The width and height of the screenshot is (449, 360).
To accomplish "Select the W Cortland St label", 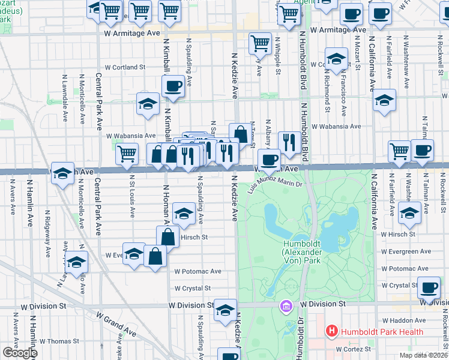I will coord(125,68).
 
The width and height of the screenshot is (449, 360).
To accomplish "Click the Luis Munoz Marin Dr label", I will coord(280,181).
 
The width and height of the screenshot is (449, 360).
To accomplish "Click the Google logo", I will coord(20,353).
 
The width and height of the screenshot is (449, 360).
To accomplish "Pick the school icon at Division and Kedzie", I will coord(225,310).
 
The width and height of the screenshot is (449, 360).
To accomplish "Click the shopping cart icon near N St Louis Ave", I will coord(127,154).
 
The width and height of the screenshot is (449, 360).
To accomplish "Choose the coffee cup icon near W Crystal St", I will coord(429,289).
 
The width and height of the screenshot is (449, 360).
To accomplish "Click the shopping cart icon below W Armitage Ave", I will coord(260,42).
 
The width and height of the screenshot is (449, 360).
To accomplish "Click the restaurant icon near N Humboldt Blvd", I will coord(290,142).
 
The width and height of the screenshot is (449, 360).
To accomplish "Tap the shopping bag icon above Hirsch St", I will coord(168,236).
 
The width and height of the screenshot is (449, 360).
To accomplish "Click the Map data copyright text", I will coord(424,355).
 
